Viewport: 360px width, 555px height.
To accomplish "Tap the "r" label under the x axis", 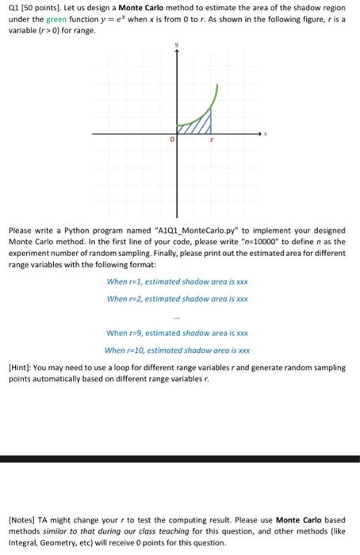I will [x=212, y=140].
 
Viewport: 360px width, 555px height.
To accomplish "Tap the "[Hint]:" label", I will [x=20, y=368].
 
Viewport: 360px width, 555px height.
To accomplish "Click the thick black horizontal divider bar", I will [x=180, y=459].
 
